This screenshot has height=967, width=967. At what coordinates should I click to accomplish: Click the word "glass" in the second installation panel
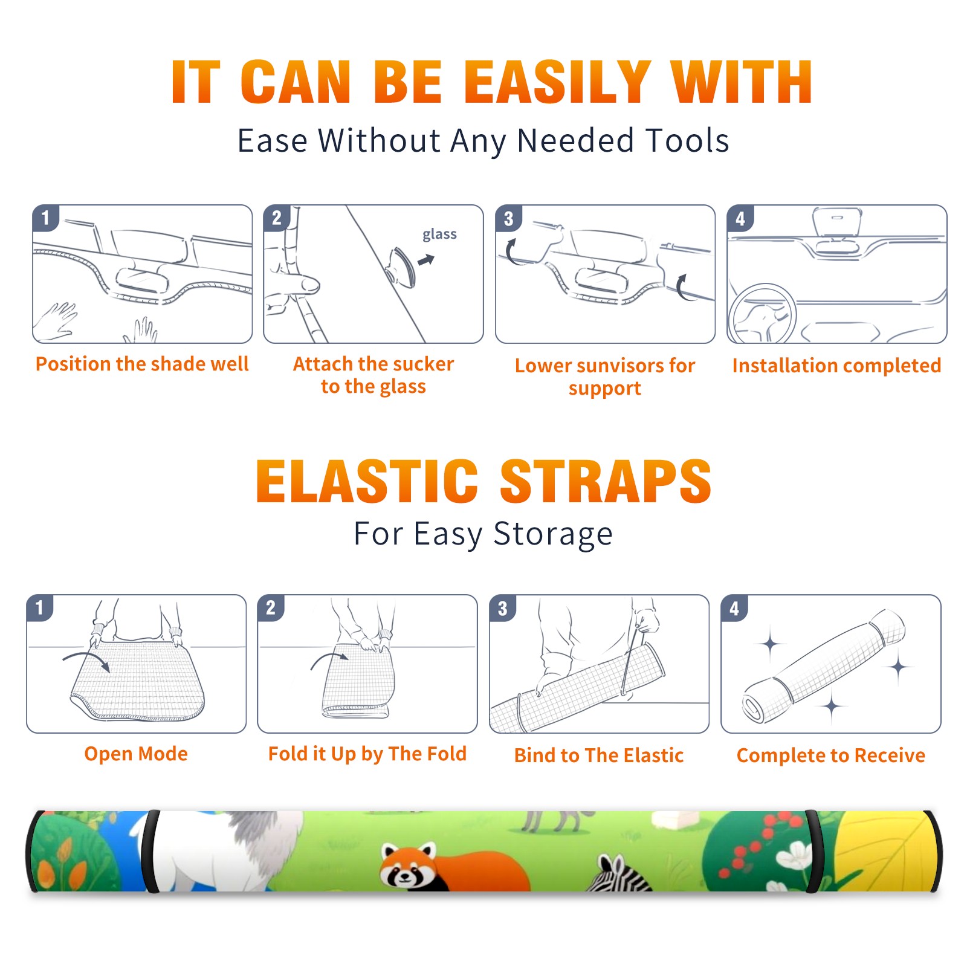tap(439, 234)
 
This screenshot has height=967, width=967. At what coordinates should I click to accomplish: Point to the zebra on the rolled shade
tap(619, 874)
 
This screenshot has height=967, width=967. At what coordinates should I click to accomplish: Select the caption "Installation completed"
tap(836, 365)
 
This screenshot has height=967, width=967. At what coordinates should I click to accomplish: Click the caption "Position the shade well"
tap(142, 364)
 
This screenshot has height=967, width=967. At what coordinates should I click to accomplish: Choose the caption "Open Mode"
tap(136, 754)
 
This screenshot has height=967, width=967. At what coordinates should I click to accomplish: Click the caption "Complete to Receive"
tap(831, 755)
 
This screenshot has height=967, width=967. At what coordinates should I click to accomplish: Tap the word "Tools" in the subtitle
tap(687, 140)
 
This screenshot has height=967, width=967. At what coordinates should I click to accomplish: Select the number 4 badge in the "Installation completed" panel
tap(740, 218)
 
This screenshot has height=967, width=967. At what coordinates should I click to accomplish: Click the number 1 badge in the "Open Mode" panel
tap(40, 608)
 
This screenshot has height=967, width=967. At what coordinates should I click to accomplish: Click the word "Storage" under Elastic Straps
tap(553, 534)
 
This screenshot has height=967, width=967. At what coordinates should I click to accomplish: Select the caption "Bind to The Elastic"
tap(599, 755)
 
